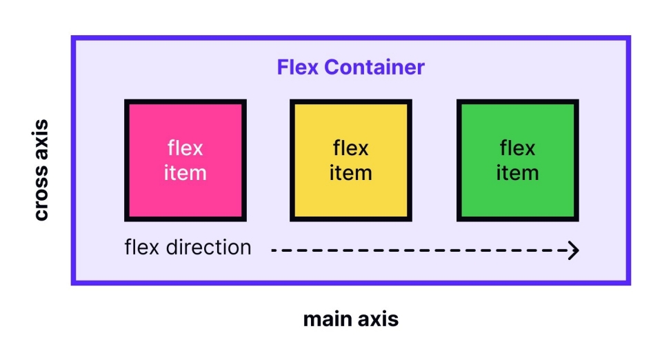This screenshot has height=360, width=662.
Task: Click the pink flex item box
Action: pyautogui.click(x=185, y=160)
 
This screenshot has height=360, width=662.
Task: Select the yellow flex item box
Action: pyautogui.click(x=350, y=160)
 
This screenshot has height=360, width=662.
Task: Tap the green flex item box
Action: pyautogui.click(x=517, y=160)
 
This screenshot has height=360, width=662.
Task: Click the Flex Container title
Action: pyautogui.click(x=350, y=68)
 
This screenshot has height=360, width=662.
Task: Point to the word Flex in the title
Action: pyautogui.click(x=298, y=68)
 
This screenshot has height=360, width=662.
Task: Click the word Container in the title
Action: pyautogui.click(x=374, y=68)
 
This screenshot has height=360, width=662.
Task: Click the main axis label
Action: pyautogui.click(x=350, y=320)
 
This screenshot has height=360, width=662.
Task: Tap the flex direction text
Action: pyautogui.click(x=188, y=248)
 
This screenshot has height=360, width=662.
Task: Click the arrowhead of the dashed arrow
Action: pyautogui.click(x=573, y=250)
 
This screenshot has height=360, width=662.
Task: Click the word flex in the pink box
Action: pyautogui.click(x=185, y=148)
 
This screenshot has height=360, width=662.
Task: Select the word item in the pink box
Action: pyautogui.click(x=185, y=172)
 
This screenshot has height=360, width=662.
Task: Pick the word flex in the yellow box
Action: pyautogui.click(x=350, y=148)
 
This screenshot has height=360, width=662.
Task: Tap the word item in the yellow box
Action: pyautogui.click(x=350, y=172)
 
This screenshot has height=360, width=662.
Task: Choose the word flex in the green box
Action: pyautogui.click(x=517, y=148)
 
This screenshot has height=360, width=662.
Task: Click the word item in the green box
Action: pyautogui.click(x=517, y=172)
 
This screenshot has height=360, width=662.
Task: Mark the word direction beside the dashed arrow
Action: pyautogui.click(x=209, y=248)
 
